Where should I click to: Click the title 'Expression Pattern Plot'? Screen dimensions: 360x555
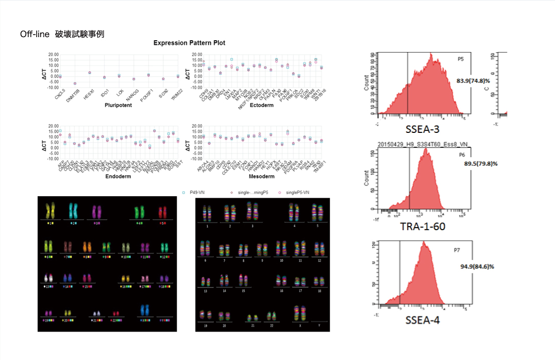(x=189, y=43)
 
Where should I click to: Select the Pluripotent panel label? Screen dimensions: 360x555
(x=118, y=105)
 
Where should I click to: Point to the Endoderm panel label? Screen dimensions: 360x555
(x=117, y=176)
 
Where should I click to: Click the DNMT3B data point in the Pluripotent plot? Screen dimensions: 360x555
(x=75, y=83)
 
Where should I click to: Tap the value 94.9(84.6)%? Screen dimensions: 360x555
(x=477, y=266)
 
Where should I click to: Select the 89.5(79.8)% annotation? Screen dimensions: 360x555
(x=477, y=163)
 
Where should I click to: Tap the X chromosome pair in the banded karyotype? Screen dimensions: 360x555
(x=296, y=313)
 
